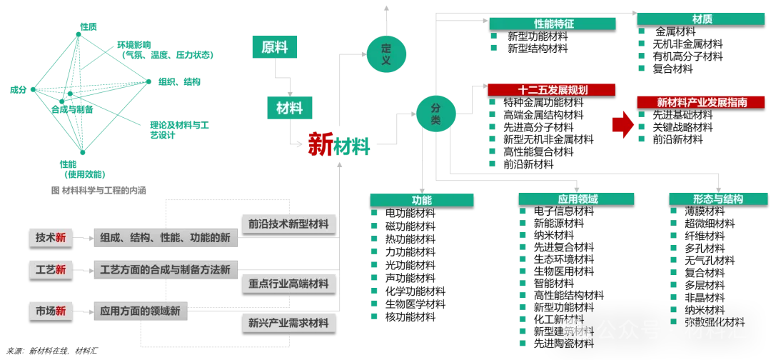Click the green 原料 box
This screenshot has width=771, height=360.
click(x=276, y=47)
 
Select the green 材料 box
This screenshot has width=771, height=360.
click(x=289, y=108)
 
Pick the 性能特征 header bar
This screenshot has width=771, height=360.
click(x=553, y=24)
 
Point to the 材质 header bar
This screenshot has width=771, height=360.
click(x=701, y=19)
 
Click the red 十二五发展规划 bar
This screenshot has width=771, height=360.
click(x=551, y=90)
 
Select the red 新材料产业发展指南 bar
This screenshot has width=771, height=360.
click(x=701, y=102)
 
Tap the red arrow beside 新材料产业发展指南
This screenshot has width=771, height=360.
click(x=623, y=126)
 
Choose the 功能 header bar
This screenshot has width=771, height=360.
click(x=421, y=200)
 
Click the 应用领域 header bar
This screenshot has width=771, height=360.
click(x=577, y=199)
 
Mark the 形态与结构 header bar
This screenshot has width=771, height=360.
click(x=717, y=199)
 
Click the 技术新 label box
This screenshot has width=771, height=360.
click(x=51, y=238)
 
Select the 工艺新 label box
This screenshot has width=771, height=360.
click(x=51, y=270)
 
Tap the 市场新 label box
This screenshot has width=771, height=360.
click(x=51, y=311)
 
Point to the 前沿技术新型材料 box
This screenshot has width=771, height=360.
click(x=288, y=224)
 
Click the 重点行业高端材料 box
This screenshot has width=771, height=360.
click(x=288, y=284)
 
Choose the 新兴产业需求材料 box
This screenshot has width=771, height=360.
click(x=288, y=323)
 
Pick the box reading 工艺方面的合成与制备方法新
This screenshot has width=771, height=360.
click(x=165, y=270)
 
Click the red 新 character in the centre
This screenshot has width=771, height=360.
click(x=321, y=145)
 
